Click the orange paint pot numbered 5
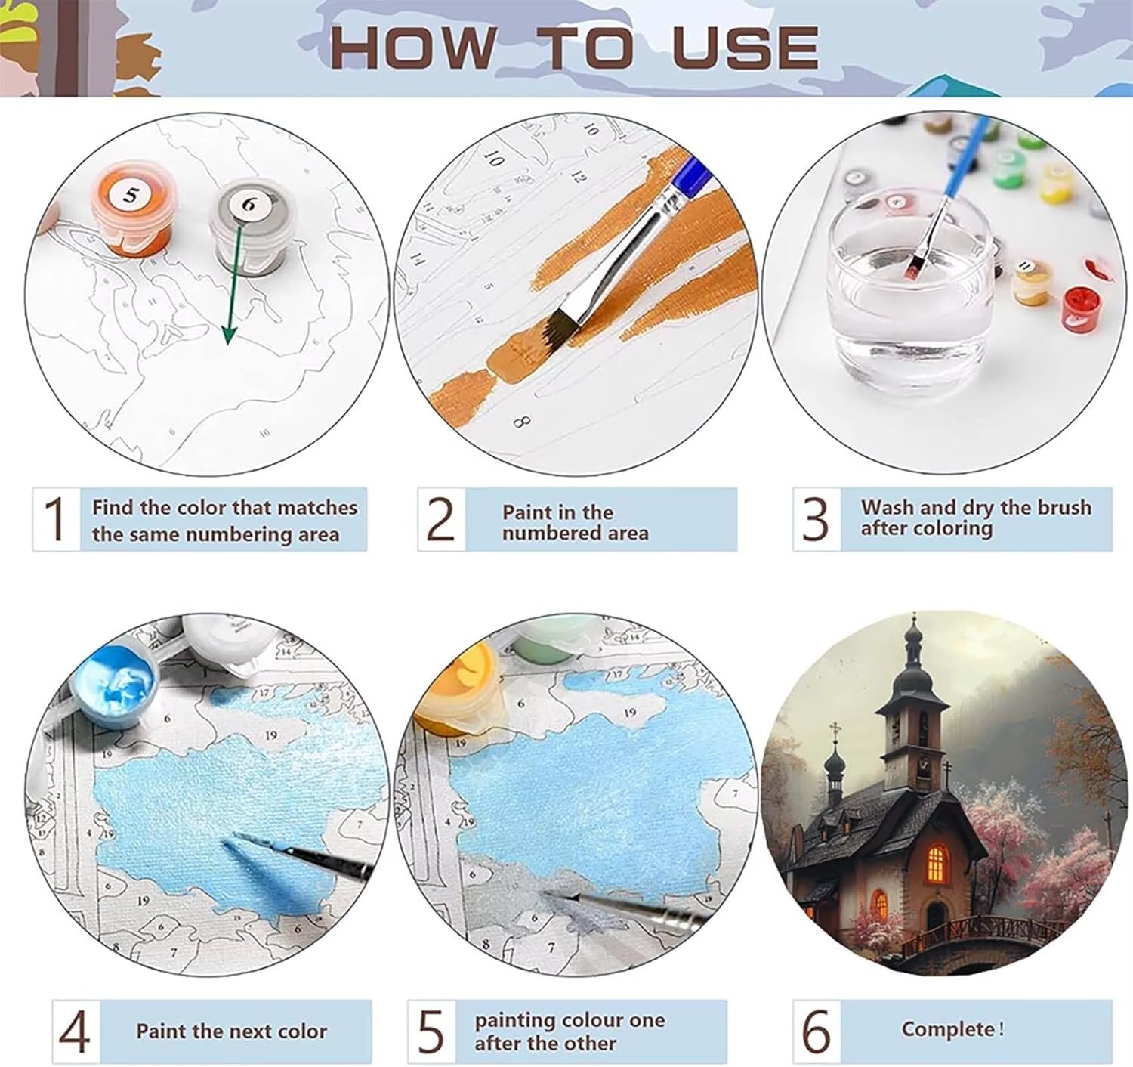[132, 209]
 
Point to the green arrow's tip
[228, 344]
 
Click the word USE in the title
[745, 47]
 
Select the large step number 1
[55, 518]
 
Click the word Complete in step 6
[948, 1028]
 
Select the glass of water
[909, 290]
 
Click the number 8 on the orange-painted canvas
[521, 422]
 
